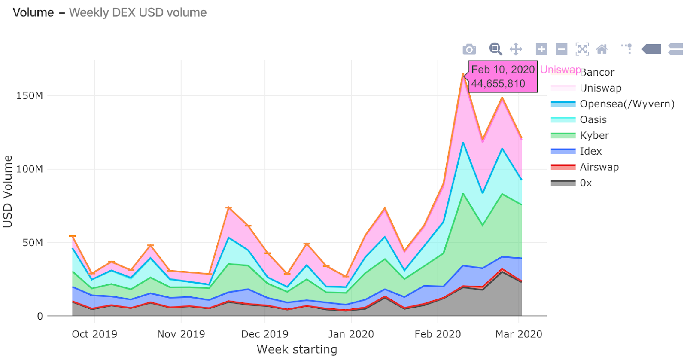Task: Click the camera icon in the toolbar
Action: pyautogui.click(x=469, y=49)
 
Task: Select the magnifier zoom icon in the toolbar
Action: pyautogui.click(x=495, y=49)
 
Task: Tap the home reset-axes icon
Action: pyautogui.click(x=602, y=49)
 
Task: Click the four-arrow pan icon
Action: pyautogui.click(x=516, y=49)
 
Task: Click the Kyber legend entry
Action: pyautogui.click(x=594, y=135)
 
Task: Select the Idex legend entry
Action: pyautogui.click(x=590, y=151)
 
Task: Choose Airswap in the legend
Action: pyautogui.click(x=599, y=167)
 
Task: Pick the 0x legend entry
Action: pyautogui.click(x=586, y=183)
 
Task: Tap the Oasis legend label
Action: pyautogui.click(x=593, y=119)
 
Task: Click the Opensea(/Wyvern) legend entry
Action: pyautogui.click(x=627, y=104)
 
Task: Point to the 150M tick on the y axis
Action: pyautogui.click(x=30, y=95)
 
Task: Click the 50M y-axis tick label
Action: pyautogui.click(x=33, y=243)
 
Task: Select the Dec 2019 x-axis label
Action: pyautogui.click(x=264, y=334)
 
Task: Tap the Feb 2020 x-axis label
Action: pyautogui.click(x=438, y=334)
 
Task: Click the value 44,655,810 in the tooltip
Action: pyautogui.click(x=498, y=84)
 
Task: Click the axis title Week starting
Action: pyautogui.click(x=297, y=349)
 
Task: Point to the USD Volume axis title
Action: pyautogui.click(x=8, y=191)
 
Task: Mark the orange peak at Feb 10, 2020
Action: pyautogui.click(x=463, y=74)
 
